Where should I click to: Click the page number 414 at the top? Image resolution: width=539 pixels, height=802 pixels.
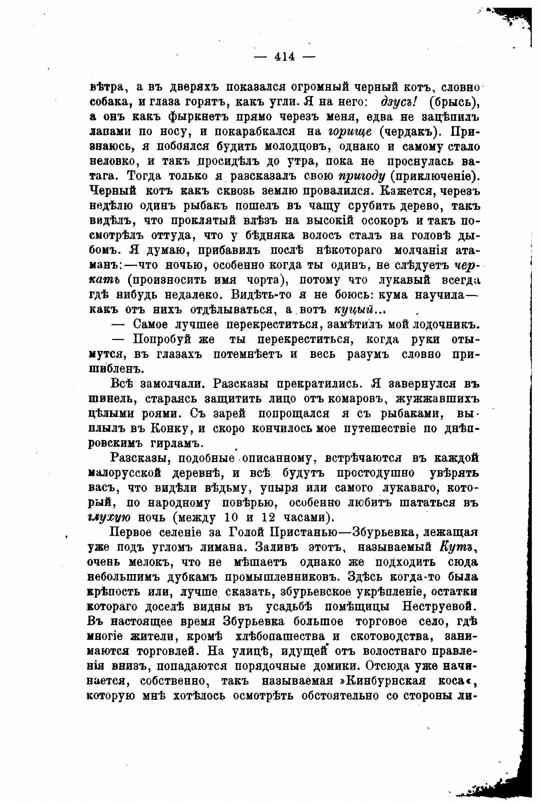tap(285, 57)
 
